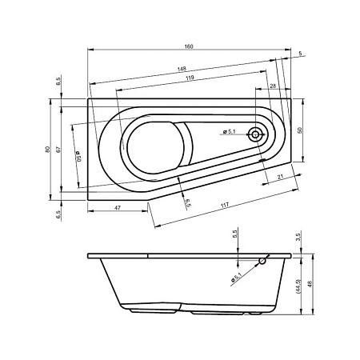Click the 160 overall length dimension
(x=189, y=46)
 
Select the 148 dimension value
(x=182, y=69)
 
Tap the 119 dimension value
(x=190, y=78)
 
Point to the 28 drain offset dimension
(x=273, y=86)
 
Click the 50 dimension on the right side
(x=300, y=130)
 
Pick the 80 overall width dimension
(x=47, y=150)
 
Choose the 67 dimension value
(x=58, y=150)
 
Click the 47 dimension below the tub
(x=118, y=207)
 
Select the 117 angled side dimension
(x=225, y=206)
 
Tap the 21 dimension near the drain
(x=280, y=177)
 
